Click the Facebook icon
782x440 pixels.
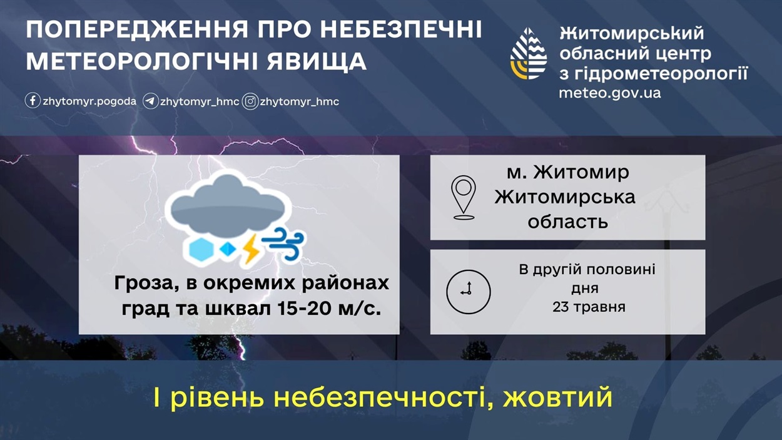33,101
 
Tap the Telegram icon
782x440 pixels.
151,101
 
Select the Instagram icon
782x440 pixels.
250,101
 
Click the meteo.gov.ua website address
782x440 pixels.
610,93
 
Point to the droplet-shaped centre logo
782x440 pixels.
529,53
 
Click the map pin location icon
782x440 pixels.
464,197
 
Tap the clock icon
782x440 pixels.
469,292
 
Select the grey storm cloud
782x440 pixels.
228,206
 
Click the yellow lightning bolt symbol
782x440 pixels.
251,249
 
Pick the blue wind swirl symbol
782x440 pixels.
283,243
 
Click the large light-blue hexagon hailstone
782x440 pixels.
201,248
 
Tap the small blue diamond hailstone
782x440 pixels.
228,248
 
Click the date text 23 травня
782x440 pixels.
589,307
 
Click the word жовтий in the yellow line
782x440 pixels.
557,397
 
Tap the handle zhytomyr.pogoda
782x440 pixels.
89,101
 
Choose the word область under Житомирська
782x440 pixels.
567,222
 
